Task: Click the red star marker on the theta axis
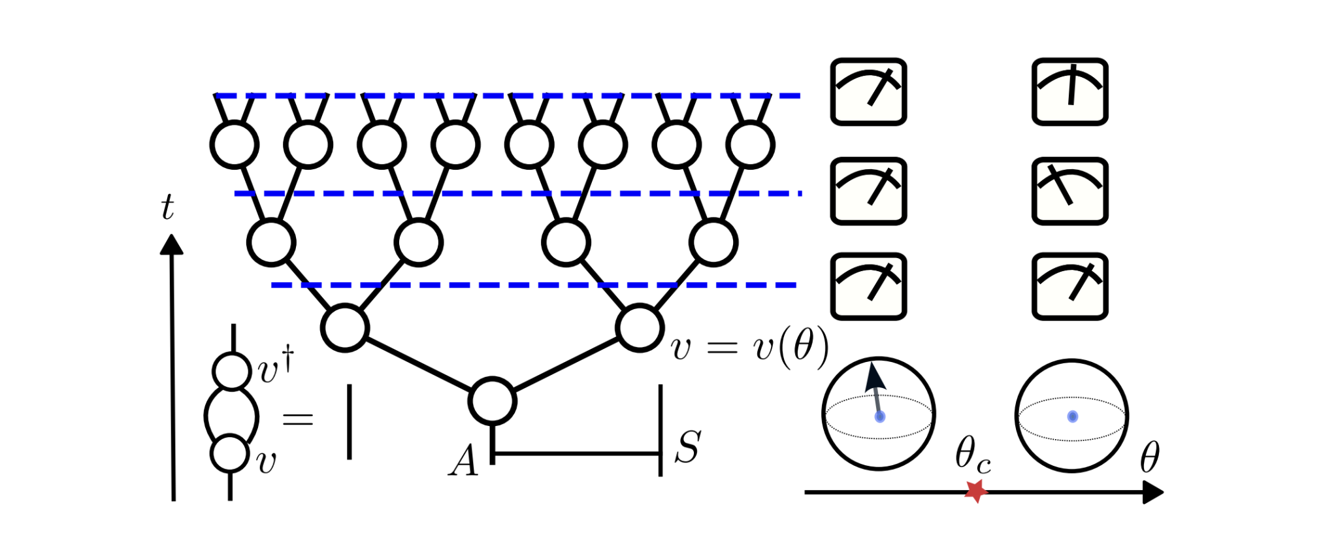975,491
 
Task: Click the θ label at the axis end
1149,457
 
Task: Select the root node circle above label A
493,401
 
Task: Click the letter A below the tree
464,461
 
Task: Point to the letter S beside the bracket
687,448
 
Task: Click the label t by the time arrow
167,208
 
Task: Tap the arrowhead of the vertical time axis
171,245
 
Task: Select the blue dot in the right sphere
1072,416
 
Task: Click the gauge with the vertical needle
1069,91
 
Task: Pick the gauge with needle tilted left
1069,191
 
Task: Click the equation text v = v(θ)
749,346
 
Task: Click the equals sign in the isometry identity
298,419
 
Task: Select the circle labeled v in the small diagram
230,453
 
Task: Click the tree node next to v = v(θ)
640,328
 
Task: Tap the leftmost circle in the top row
234,144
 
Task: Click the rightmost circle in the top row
750,144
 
